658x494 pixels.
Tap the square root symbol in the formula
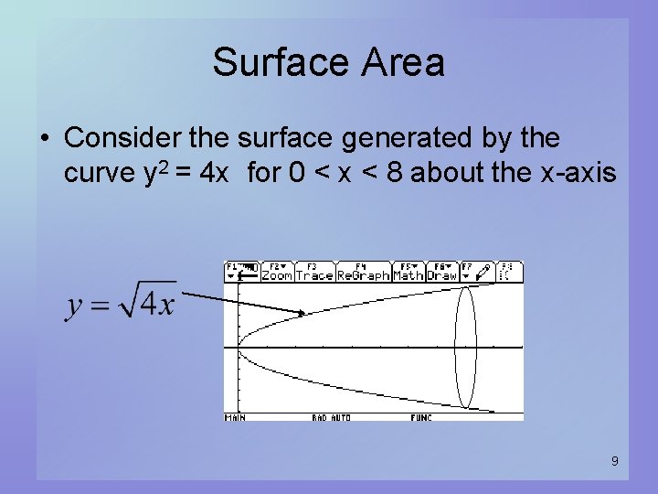[137, 298]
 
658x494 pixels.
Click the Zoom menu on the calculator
[277, 274]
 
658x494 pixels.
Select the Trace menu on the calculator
[313, 274]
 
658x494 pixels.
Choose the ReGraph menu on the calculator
[363, 274]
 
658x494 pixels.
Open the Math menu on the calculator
[408, 274]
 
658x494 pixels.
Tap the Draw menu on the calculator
[441, 274]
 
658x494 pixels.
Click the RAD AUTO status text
[331, 417]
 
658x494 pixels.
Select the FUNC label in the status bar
[421, 417]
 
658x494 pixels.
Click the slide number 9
[614, 461]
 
